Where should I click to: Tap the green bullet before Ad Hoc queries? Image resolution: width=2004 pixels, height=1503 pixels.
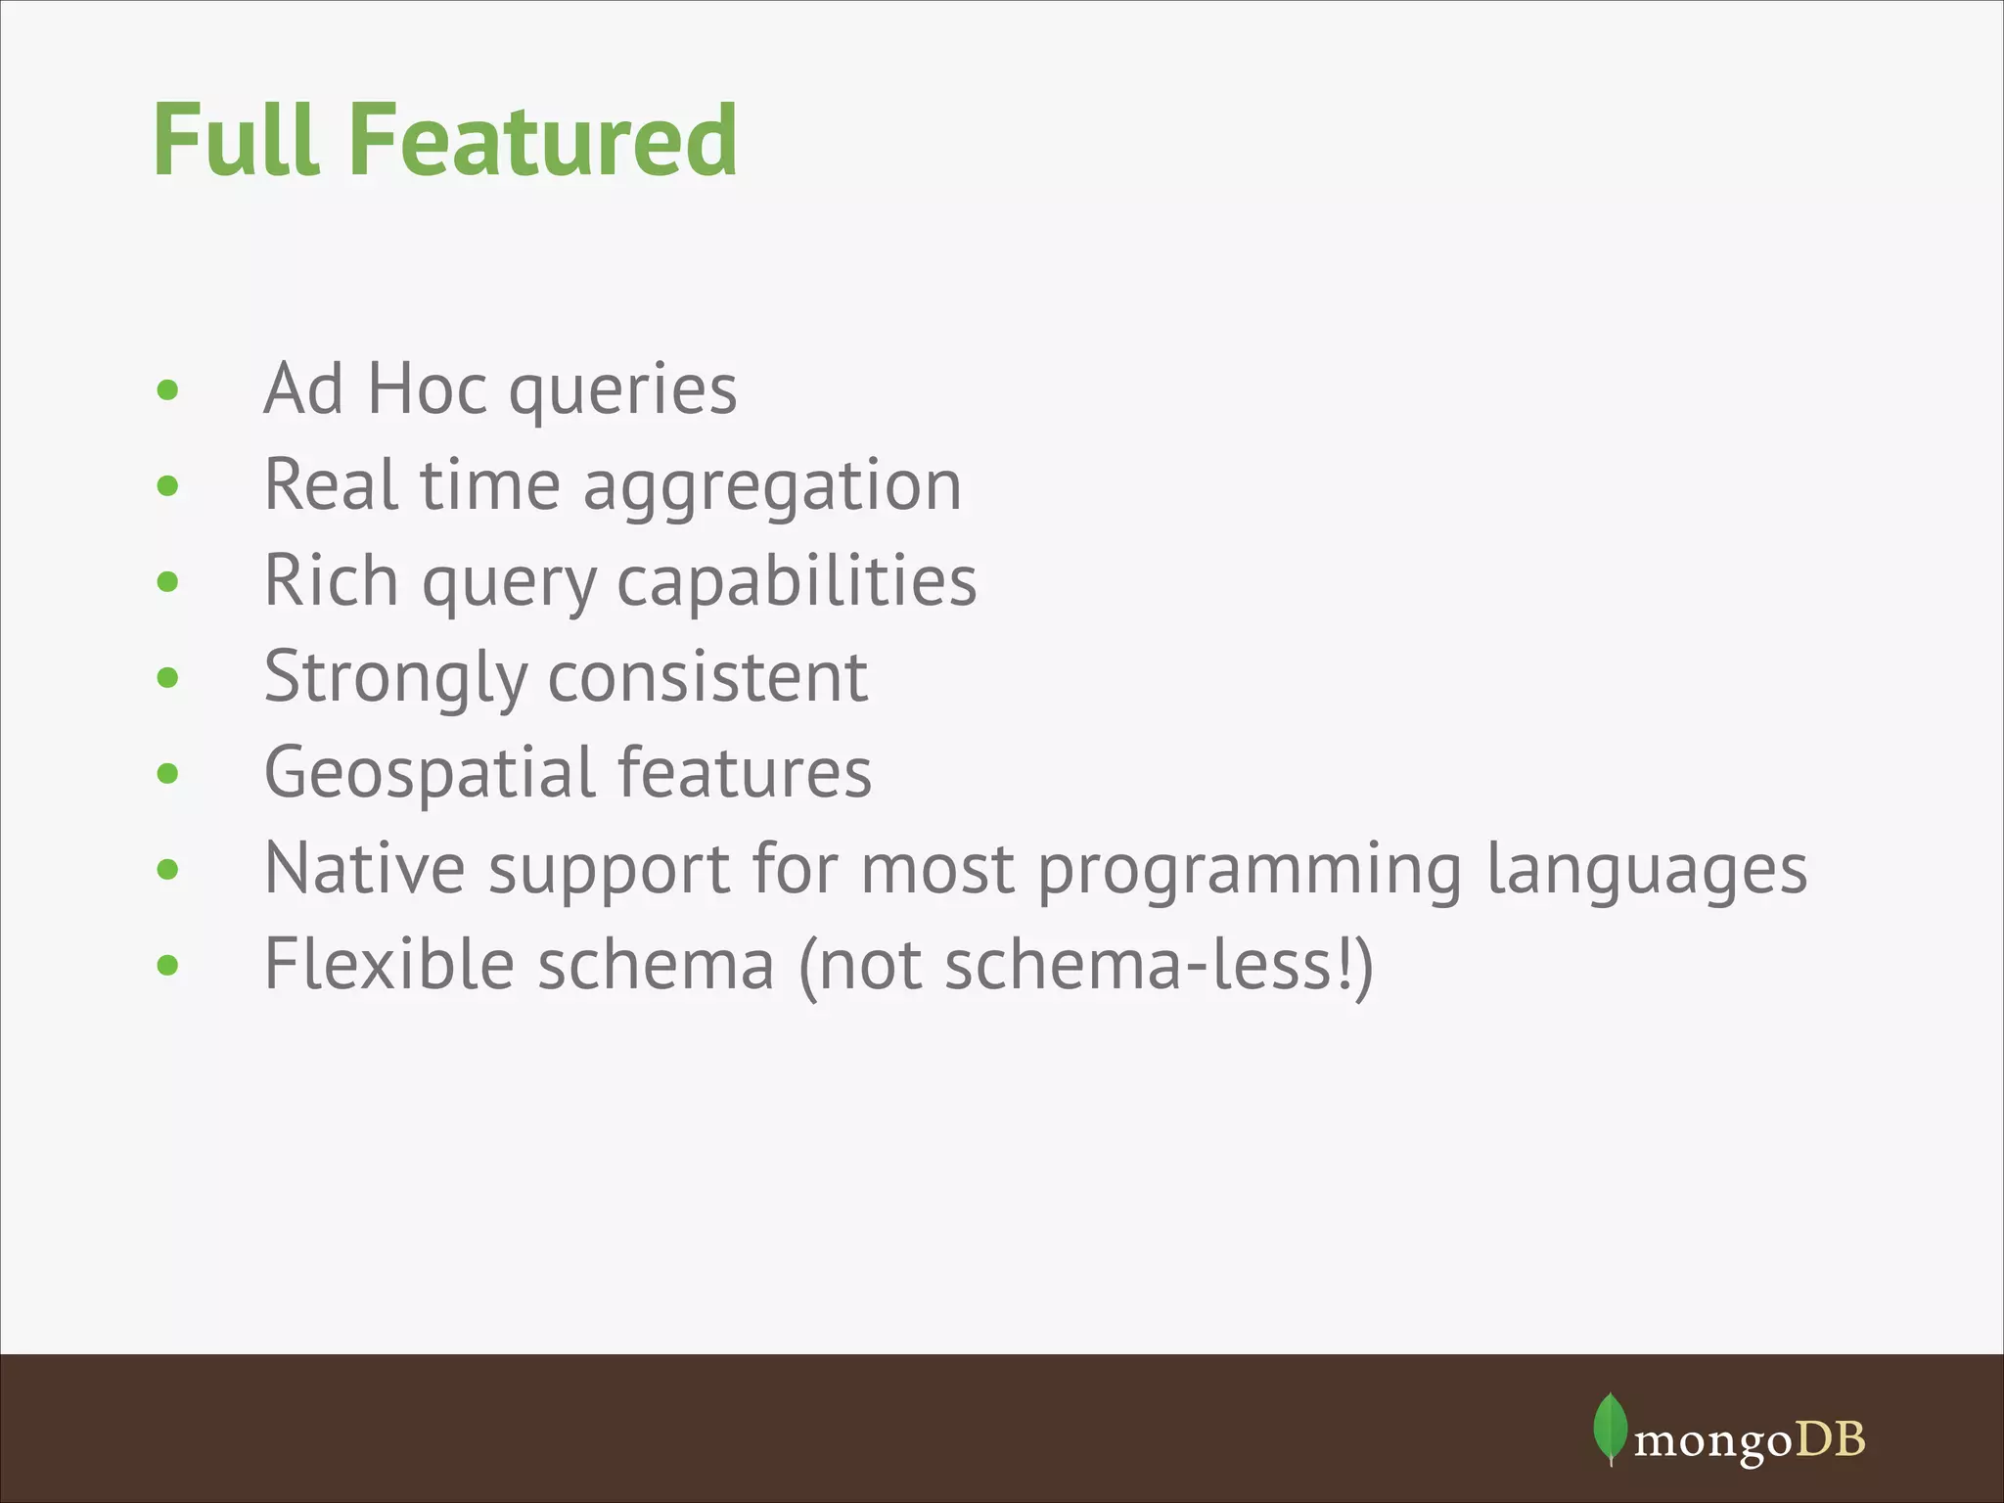click(x=168, y=390)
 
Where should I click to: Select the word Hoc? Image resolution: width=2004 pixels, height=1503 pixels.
click(x=427, y=388)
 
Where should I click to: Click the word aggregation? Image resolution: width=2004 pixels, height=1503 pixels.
click(x=772, y=486)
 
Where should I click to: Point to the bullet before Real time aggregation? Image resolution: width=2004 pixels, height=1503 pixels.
click(x=168, y=485)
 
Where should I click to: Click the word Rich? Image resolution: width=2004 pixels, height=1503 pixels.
click(x=331, y=580)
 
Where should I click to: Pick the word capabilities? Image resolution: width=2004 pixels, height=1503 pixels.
click(x=797, y=582)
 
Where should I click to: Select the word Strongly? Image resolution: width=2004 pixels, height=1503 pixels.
click(x=396, y=678)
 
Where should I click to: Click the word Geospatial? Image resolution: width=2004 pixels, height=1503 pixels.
click(x=430, y=773)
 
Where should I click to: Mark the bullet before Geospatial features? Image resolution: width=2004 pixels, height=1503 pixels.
click(x=168, y=774)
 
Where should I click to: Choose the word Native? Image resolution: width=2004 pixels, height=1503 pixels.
click(x=365, y=868)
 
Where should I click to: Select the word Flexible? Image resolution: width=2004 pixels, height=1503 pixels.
click(x=389, y=964)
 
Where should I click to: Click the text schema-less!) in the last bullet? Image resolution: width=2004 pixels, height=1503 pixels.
click(x=1159, y=965)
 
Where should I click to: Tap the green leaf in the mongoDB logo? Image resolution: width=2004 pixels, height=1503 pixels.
click(x=1610, y=1428)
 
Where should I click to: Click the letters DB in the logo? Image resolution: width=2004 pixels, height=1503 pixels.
click(x=1834, y=1439)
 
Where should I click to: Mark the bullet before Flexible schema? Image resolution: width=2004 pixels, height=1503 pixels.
click(x=168, y=966)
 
